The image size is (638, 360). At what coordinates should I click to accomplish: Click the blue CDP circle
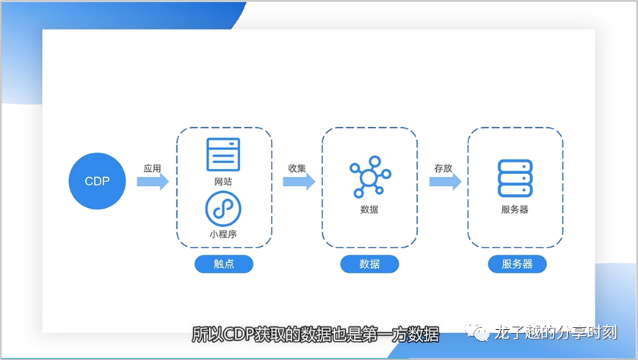98,181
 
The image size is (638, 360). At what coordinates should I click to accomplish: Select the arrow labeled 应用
153,181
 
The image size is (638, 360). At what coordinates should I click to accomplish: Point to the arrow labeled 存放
445,181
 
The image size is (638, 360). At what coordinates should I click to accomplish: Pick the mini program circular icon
223,209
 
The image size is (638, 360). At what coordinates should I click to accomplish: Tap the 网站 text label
224,181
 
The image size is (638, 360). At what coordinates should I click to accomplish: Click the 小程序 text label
223,234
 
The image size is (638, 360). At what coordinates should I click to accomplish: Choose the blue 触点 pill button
224,264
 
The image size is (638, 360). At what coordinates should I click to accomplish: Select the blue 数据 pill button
369,264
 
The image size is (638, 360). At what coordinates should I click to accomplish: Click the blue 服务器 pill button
517,264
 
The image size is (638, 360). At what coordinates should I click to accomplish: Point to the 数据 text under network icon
369,209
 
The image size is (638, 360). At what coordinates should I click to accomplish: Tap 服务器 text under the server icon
515,209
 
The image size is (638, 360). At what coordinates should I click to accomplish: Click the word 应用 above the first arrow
152,168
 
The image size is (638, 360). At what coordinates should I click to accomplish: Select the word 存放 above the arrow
443,168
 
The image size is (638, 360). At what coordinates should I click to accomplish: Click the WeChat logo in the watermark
482,334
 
